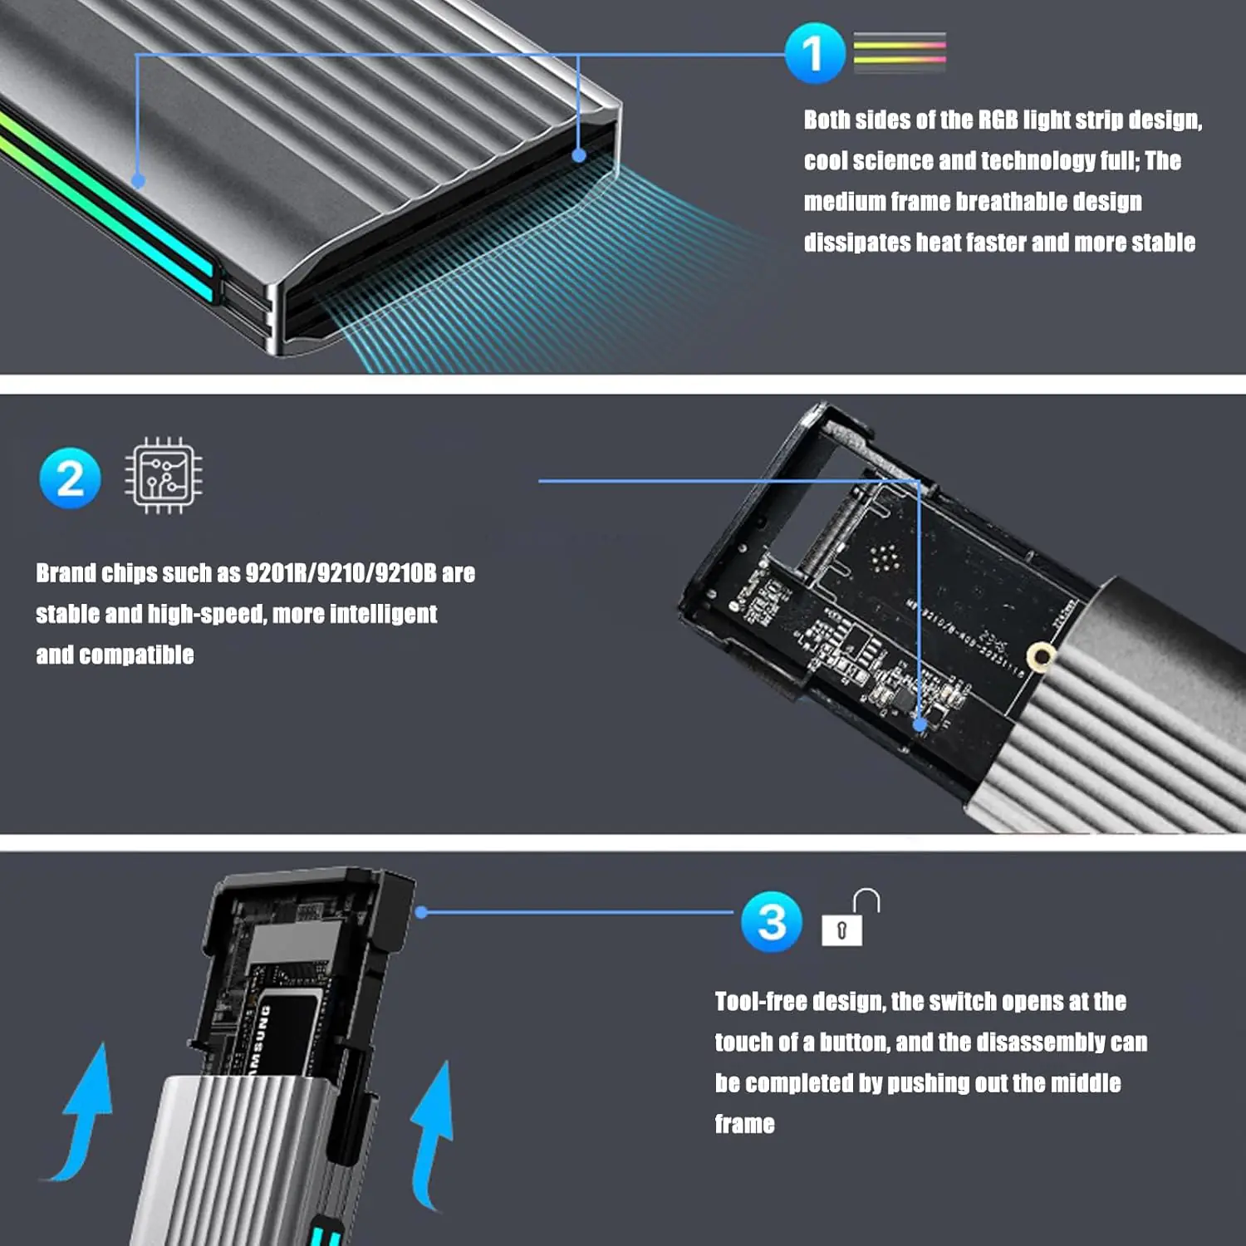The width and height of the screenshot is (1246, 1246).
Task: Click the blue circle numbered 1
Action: point(815,53)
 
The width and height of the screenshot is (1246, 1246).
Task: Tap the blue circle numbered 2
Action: point(71,478)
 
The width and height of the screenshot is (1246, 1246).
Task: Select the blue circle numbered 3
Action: point(772,922)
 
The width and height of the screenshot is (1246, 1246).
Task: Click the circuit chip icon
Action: point(164,476)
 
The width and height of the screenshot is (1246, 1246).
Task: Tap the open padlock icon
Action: point(850,917)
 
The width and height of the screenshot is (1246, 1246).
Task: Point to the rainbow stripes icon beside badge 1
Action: point(900,52)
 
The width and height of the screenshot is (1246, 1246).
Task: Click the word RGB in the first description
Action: point(998,120)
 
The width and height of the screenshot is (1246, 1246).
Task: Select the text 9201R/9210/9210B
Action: point(341,573)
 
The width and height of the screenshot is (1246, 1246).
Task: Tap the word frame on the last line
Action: point(745,1124)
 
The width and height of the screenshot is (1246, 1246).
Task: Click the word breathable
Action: point(1011,202)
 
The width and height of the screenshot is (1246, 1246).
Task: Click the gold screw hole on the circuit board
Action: point(1041,656)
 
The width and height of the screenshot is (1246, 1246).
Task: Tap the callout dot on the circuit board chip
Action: point(920,724)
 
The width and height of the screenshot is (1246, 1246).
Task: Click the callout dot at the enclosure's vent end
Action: point(579,155)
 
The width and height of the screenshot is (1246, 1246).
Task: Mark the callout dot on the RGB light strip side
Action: point(139,180)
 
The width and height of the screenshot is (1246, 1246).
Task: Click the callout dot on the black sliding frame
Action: point(421,912)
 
